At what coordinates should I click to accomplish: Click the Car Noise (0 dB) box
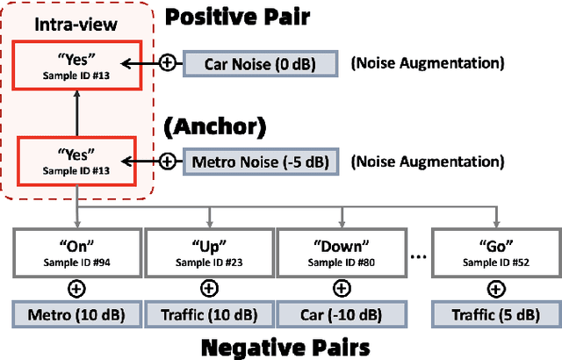pyautogui.click(x=259, y=64)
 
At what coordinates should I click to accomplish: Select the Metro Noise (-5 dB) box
pyautogui.click(x=260, y=161)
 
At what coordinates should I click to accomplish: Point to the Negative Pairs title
pyautogui.click(x=285, y=346)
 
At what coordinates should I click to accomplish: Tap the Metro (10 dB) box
pyautogui.click(x=75, y=313)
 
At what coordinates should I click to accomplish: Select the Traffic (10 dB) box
pyautogui.click(x=208, y=313)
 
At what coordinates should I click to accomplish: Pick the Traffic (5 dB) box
pyautogui.click(x=497, y=313)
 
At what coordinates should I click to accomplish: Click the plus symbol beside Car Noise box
pyautogui.click(x=168, y=64)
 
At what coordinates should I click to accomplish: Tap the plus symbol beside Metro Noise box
pyautogui.click(x=168, y=161)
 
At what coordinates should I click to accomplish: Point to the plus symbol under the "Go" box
pyautogui.click(x=497, y=286)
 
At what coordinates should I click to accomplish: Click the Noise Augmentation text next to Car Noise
pyautogui.click(x=428, y=64)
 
